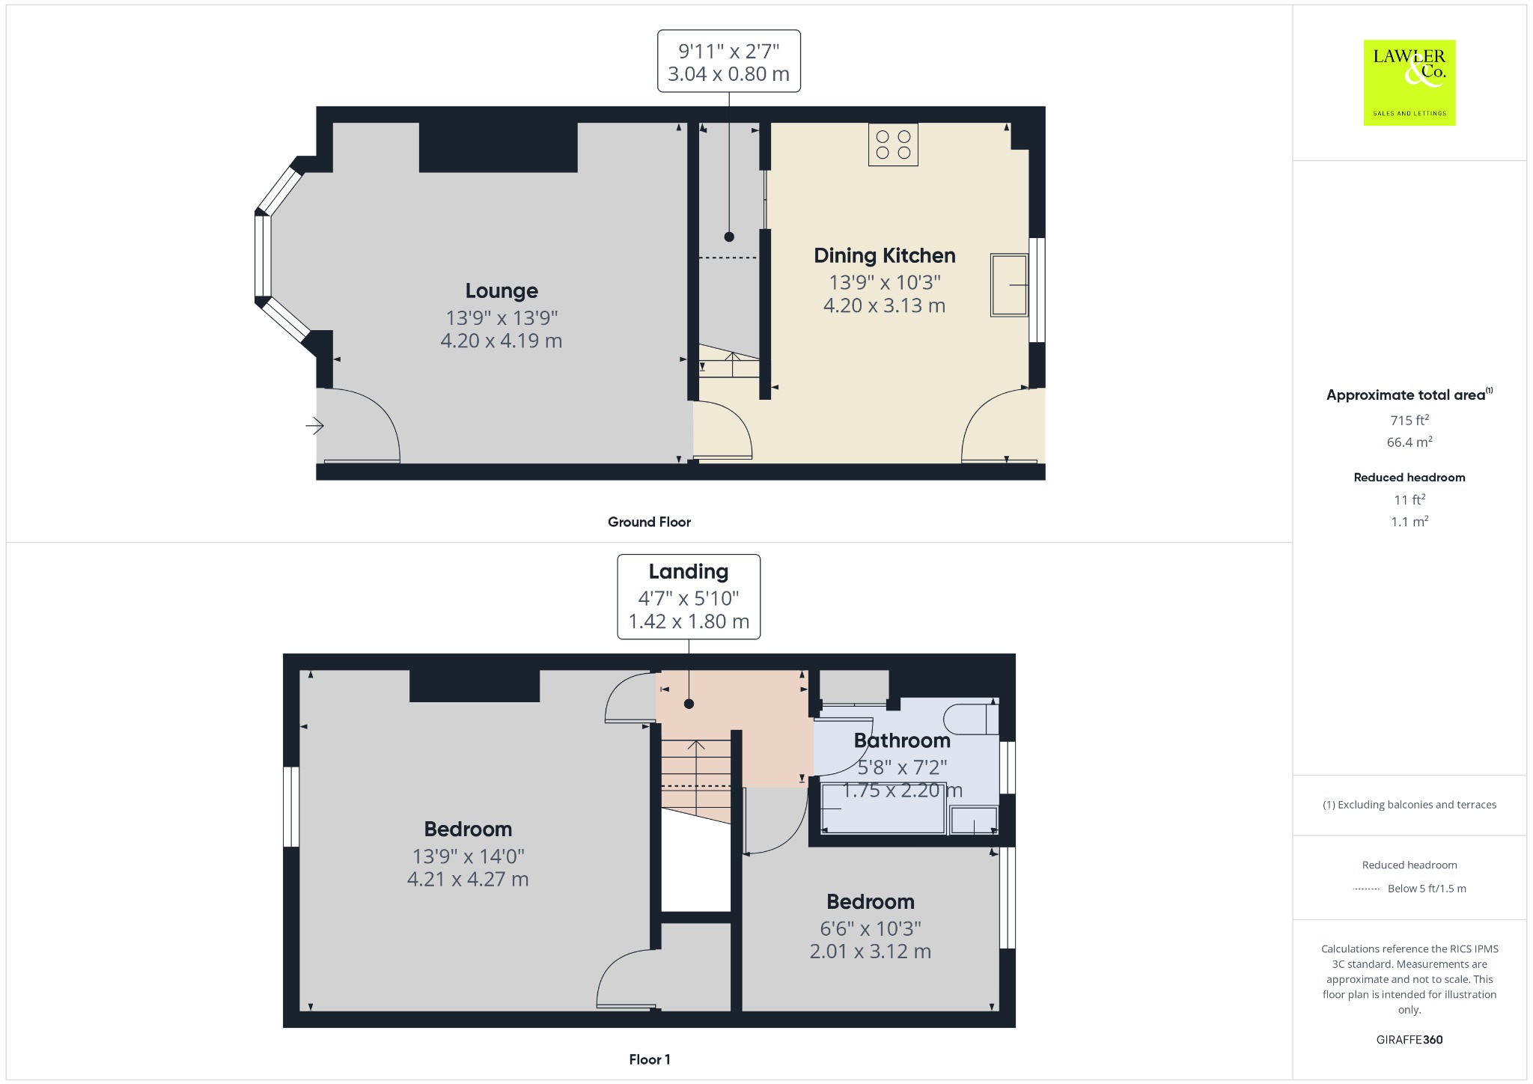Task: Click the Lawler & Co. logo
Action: [1409, 82]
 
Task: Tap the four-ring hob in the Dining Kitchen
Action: [893, 144]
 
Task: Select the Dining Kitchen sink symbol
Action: [1009, 285]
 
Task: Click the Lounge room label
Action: [502, 290]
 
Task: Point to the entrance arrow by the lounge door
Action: [314, 426]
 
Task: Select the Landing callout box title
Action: [689, 572]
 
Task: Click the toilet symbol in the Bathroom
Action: [971, 719]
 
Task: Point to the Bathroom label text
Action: [902, 740]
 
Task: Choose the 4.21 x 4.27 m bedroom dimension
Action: [468, 879]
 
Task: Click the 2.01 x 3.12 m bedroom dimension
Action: [871, 951]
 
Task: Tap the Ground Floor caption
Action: [649, 522]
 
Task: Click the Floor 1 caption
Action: [650, 1059]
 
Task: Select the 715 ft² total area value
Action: [1409, 420]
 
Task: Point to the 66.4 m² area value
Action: [1409, 442]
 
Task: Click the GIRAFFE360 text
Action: [1409, 1039]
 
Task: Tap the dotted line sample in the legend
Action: [1366, 889]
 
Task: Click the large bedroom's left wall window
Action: [291, 807]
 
